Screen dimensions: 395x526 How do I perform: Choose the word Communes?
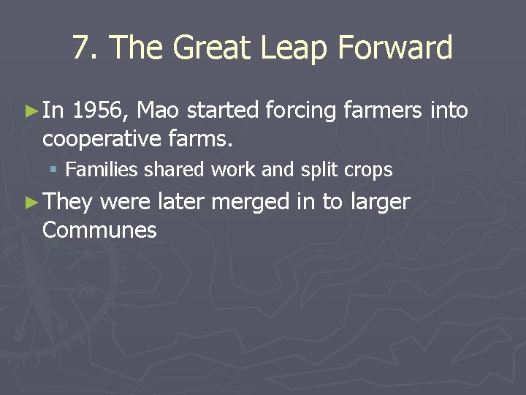[99, 230]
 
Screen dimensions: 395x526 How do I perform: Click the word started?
[224, 111]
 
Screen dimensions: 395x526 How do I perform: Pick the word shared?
[175, 170]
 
